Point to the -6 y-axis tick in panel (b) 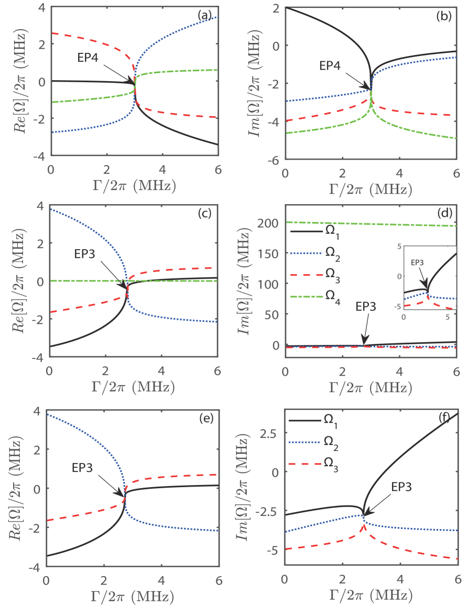275,160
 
